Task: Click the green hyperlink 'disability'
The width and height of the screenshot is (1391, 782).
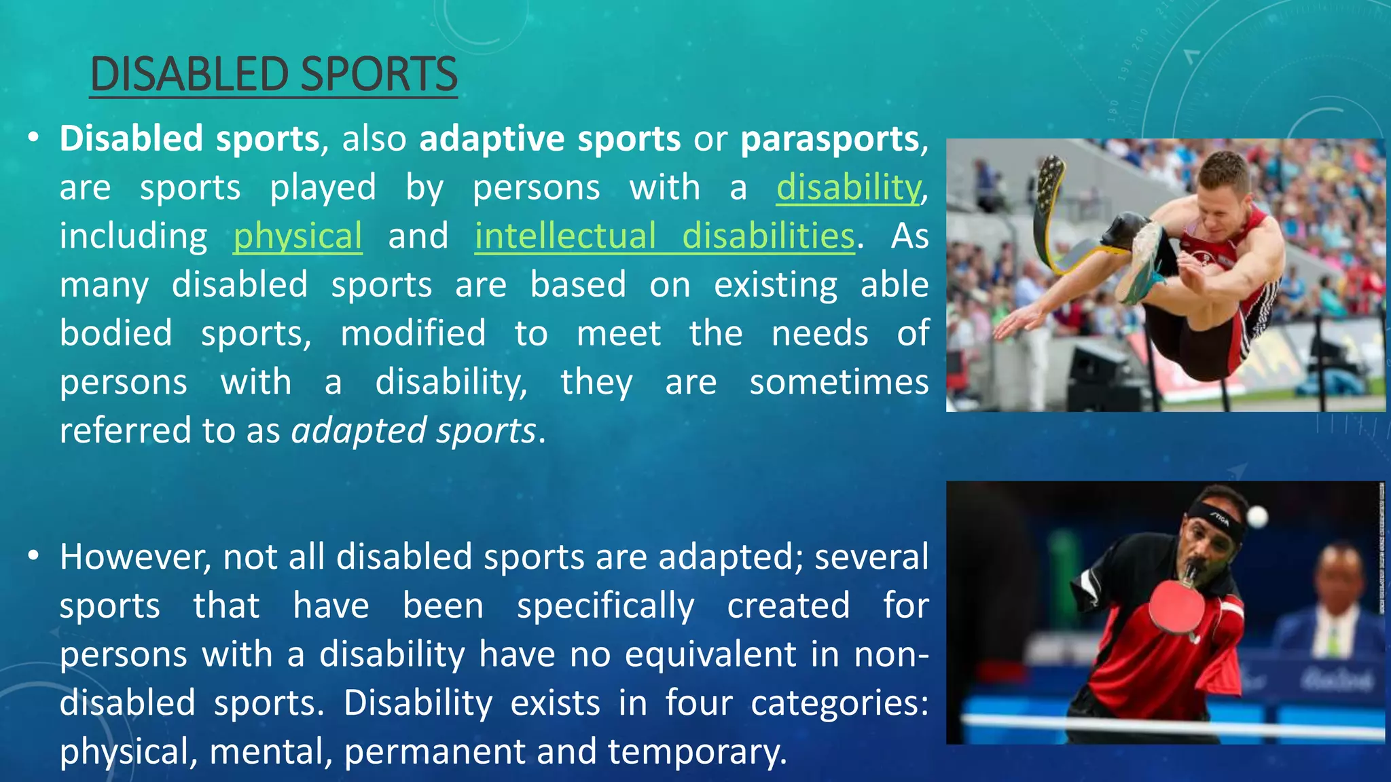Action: click(848, 187)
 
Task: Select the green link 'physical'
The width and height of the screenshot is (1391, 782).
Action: click(297, 236)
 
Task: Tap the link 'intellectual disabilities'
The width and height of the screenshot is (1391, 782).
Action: click(664, 236)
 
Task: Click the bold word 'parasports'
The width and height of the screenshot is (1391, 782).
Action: click(829, 138)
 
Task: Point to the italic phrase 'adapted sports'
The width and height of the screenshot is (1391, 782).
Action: click(414, 430)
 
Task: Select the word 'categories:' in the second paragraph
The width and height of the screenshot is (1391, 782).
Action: click(839, 703)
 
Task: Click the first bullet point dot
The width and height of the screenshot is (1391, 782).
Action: click(33, 138)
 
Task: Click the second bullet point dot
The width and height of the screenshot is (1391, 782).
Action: click(33, 556)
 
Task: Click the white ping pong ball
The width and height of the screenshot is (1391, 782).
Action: click(1257, 517)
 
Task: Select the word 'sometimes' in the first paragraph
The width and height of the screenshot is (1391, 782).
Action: click(839, 381)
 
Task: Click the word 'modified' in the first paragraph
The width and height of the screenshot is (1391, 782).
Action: click(413, 333)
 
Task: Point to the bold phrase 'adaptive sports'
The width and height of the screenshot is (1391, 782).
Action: click(549, 138)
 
